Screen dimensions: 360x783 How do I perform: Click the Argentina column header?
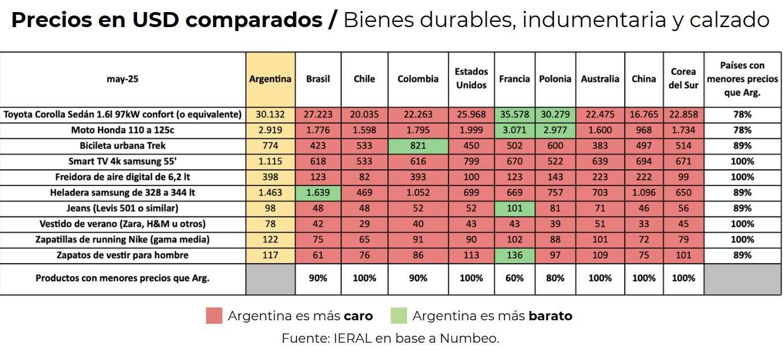[x=270, y=79]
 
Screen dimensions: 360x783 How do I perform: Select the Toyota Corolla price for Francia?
[x=514, y=115]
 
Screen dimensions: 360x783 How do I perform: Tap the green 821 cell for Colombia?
[x=418, y=146]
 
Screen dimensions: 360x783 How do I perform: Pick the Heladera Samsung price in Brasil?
[x=318, y=192]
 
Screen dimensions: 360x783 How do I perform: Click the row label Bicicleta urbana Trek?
[x=123, y=146]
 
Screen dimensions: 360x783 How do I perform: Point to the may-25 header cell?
[x=123, y=79]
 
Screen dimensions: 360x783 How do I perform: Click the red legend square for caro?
[x=214, y=316]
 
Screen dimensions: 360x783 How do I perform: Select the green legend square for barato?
[x=398, y=316]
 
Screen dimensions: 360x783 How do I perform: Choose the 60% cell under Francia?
[x=514, y=278]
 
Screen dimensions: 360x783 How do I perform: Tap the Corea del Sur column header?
[x=683, y=79]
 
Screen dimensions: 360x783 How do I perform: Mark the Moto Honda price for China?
[x=644, y=130]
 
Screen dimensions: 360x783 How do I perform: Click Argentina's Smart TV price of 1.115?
[x=270, y=161]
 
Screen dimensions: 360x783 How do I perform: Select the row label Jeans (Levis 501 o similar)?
[x=123, y=208]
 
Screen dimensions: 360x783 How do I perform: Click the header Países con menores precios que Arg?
[x=742, y=79]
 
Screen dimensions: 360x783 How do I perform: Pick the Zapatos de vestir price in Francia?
[x=514, y=255]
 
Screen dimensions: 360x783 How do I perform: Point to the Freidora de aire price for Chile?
[x=364, y=177]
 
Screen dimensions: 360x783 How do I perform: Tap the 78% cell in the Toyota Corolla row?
[x=742, y=115]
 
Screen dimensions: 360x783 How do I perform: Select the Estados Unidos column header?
[x=471, y=79]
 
